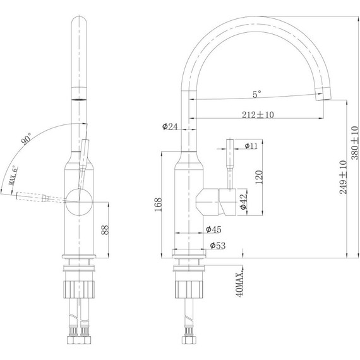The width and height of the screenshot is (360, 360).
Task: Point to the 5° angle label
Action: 256,95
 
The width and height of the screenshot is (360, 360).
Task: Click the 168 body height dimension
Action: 157,203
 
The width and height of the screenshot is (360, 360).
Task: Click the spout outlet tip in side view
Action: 323,95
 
